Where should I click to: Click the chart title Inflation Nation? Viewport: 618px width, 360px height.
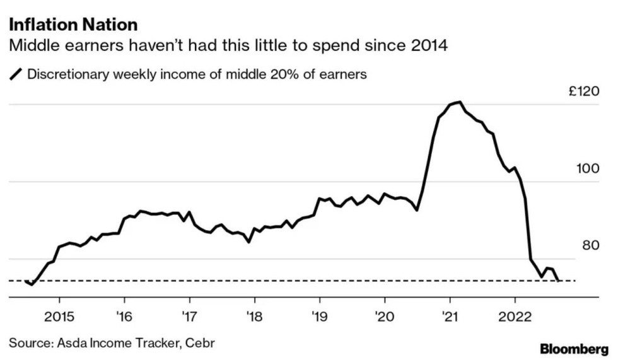point(73,25)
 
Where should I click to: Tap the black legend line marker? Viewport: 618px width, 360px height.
point(15,74)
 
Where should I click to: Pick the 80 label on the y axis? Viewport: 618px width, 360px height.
point(590,245)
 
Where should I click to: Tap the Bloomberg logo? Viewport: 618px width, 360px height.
point(574,349)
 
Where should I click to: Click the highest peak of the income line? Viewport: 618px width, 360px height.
point(460,102)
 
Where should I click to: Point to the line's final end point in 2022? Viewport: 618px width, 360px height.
point(559,280)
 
